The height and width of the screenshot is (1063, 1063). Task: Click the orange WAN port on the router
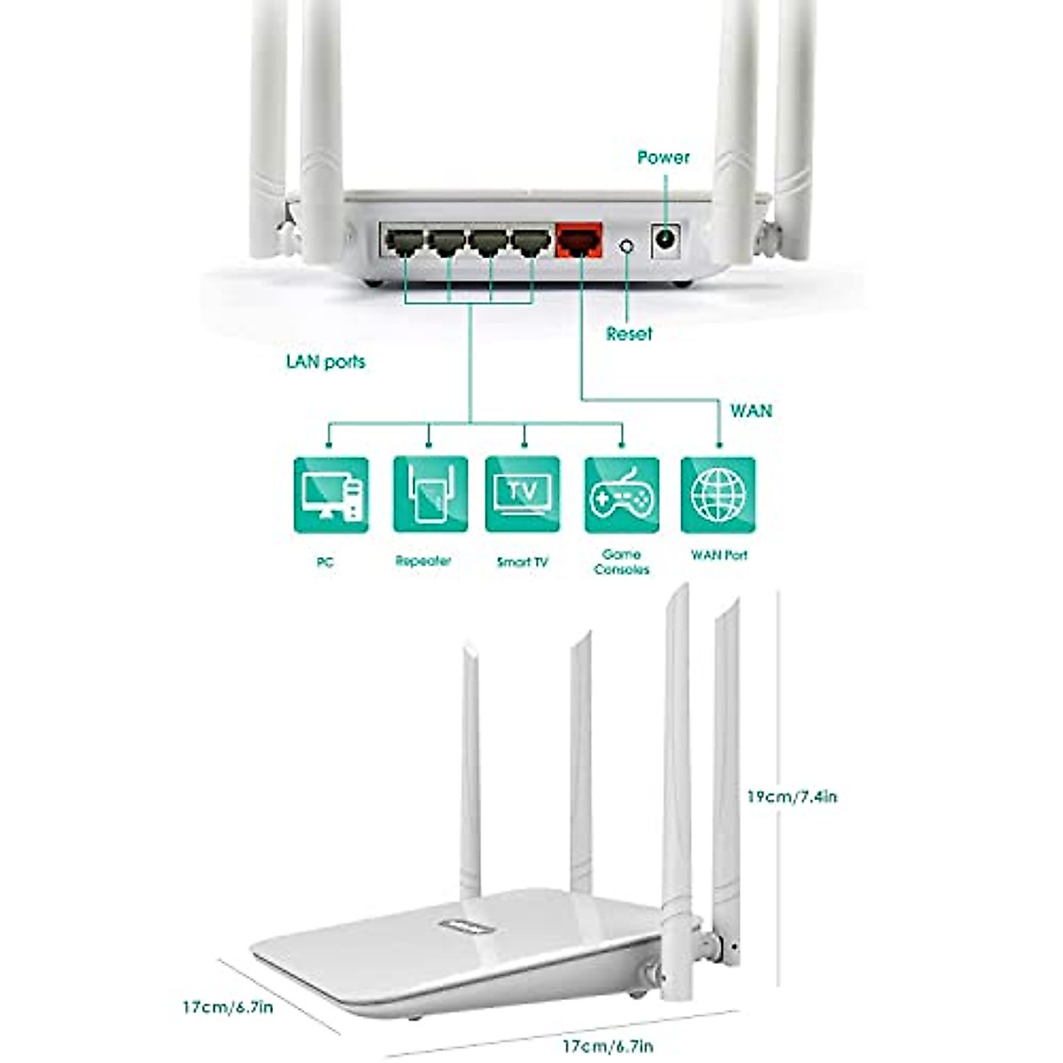(x=579, y=240)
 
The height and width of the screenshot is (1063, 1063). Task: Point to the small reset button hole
(x=628, y=244)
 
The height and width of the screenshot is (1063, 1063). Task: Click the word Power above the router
(x=663, y=158)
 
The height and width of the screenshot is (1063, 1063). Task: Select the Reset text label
(x=629, y=334)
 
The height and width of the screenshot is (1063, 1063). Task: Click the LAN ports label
(x=325, y=361)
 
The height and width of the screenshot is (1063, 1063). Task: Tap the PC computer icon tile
(x=330, y=494)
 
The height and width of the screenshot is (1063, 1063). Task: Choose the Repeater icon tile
(x=430, y=494)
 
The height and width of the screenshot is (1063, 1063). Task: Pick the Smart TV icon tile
(x=523, y=494)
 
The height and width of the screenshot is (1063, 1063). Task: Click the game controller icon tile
(x=622, y=494)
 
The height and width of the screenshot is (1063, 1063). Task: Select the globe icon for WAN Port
(x=718, y=494)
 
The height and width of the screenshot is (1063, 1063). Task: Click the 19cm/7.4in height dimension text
(x=791, y=796)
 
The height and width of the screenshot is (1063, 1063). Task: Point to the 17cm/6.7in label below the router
(x=608, y=1046)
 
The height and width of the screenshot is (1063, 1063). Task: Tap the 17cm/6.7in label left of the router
(x=228, y=1007)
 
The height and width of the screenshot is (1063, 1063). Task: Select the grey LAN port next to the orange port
(x=531, y=241)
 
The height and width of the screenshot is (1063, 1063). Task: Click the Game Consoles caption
(x=621, y=562)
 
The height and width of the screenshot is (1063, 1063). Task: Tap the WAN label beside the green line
(x=750, y=411)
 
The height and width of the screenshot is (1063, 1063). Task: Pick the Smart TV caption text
(x=522, y=562)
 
